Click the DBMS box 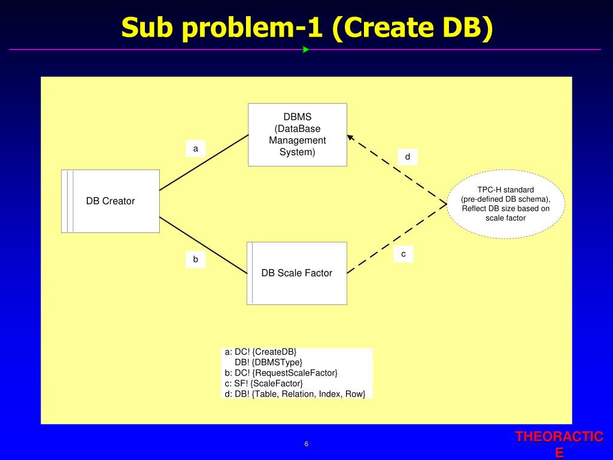pyautogui.click(x=298, y=135)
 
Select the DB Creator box pyautogui.click(x=110, y=201)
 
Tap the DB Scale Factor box pyautogui.click(x=297, y=273)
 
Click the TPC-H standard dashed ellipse pyautogui.click(x=506, y=204)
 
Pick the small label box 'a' pyautogui.click(x=195, y=148)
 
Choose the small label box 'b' pyautogui.click(x=195, y=259)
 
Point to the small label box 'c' pyautogui.click(x=403, y=254)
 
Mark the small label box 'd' pyautogui.click(x=408, y=157)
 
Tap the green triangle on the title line pyautogui.click(x=306, y=50)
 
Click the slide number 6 pyautogui.click(x=306, y=444)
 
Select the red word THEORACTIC pyautogui.click(x=559, y=437)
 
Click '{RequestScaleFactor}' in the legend pyautogui.click(x=295, y=373)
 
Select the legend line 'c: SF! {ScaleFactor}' pyautogui.click(x=264, y=383)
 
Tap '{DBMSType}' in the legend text pyautogui.click(x=277, y=362)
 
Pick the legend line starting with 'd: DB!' pyautogui.click(x=295, y=394)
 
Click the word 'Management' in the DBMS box pyautogui.click(x=298, y=141)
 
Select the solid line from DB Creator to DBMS pyautogui.click(x=204, y=162)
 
